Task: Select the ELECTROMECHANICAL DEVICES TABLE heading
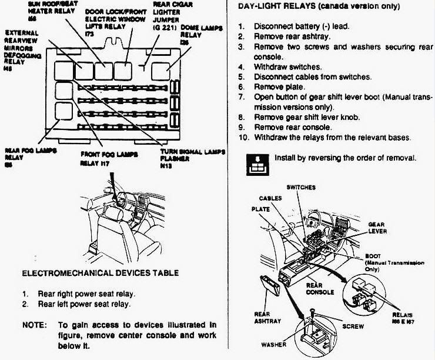tap(99, 274)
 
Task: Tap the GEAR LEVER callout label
tap(377, 228)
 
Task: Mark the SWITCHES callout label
tap(300, 188)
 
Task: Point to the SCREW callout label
tap(352, 325)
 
